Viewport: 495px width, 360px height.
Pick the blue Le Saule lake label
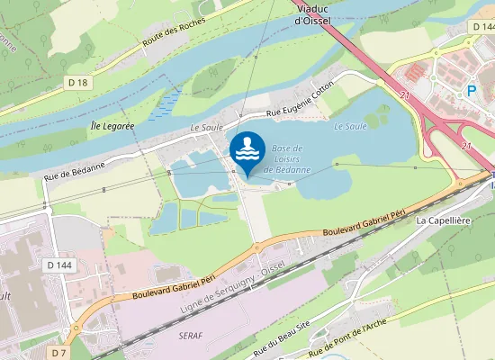[350, 127]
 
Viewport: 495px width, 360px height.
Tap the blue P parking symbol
[471, 90]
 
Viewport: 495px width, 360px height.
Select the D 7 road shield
[59, 353]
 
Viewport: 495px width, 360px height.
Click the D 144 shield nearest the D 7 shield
[58, 265]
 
